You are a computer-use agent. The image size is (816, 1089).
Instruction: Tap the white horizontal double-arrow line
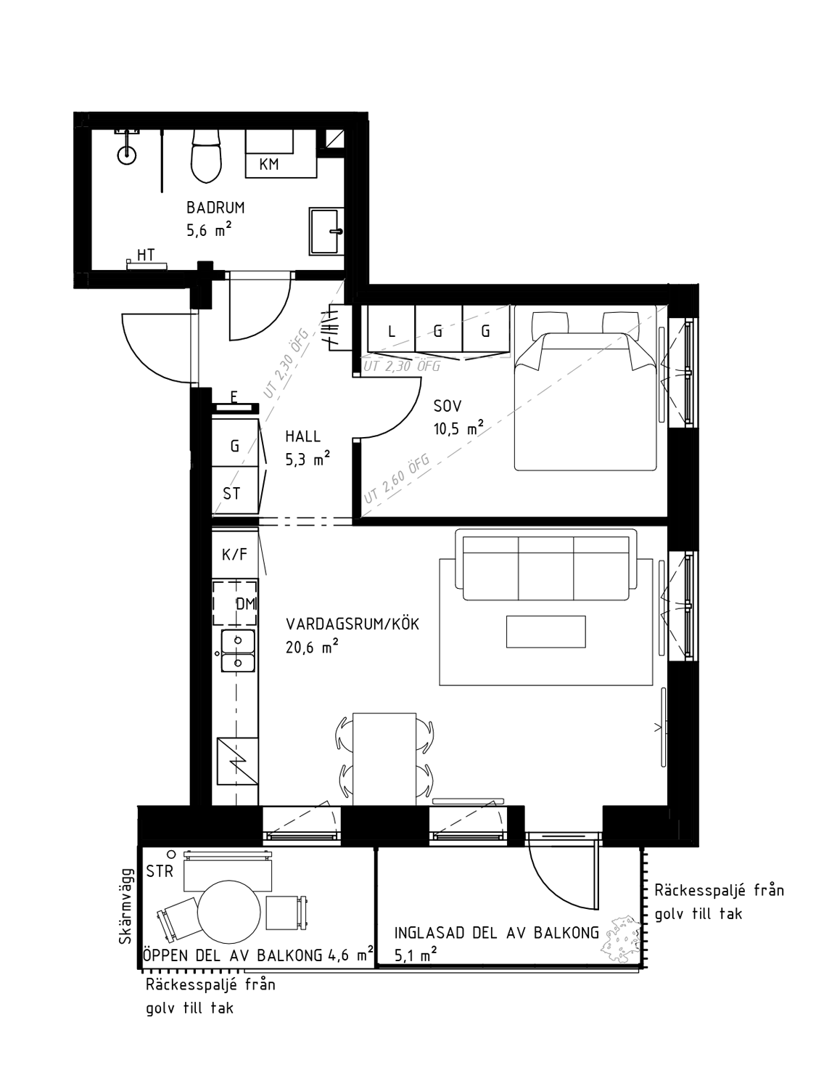pyautogui.click(x=238, y=653)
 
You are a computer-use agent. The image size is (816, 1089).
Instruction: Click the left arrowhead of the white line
pyautogui.click(x=224, y=653)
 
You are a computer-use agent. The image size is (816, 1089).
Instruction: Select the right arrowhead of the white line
pyautogui.click(x=252, y=653)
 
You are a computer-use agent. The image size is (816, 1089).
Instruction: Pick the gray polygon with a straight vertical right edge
pyautogui.click(x=569, y=388)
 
